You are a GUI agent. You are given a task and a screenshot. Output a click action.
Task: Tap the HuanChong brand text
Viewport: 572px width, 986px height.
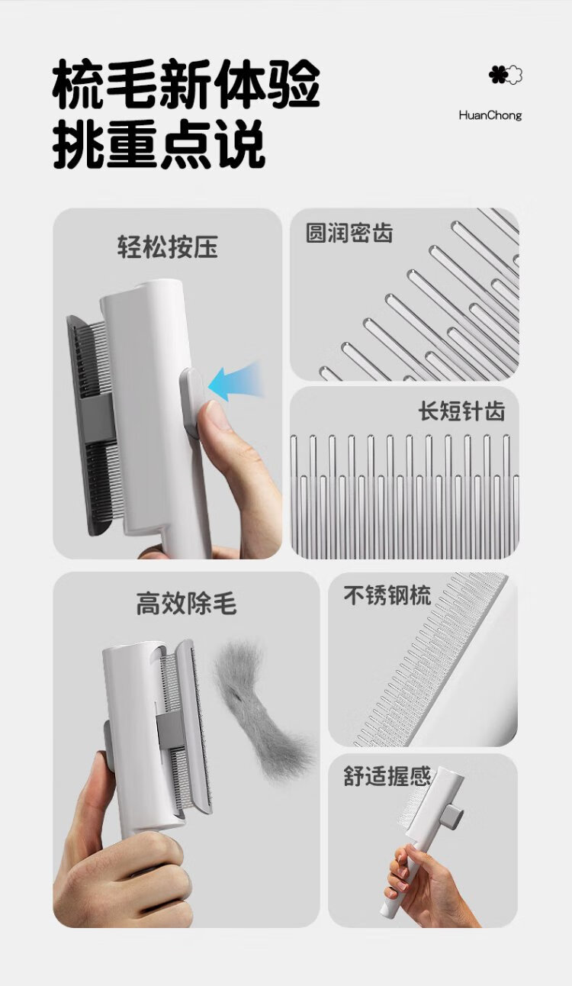click(x=490, y=116)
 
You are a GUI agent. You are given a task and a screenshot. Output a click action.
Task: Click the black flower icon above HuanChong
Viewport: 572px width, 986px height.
click(x=496, y=74)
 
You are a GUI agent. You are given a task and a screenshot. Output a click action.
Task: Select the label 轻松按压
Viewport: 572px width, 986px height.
click(x=168, y=246)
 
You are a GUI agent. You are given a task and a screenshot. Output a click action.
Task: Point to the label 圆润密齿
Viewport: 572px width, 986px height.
click(x=349, y=233)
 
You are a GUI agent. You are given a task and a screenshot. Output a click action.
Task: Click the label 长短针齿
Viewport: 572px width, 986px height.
click(x=461, y=411)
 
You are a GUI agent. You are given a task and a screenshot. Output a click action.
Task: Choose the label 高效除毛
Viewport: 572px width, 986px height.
click(x=186, y=603)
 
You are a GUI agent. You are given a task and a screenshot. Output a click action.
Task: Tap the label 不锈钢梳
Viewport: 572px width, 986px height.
click(x=387, y=595)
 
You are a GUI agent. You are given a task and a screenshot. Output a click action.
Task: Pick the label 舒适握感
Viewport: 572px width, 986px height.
click(x=387, y=776)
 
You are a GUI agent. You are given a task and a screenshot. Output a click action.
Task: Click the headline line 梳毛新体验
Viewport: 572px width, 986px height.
click(x=186, y=84)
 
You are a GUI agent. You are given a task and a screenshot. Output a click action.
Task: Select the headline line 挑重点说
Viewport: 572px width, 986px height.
click(x=159, y=143)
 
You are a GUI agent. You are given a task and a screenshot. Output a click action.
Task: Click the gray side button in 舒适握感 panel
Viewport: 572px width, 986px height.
click(x=453, y=816)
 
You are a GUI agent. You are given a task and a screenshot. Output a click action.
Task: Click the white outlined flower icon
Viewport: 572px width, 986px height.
click(x=514, y=74)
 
